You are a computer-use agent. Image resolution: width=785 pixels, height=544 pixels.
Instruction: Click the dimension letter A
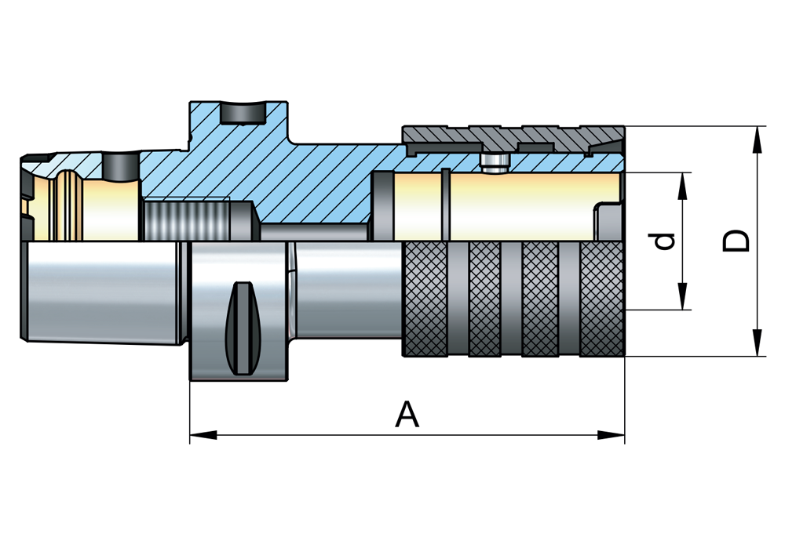tap(407, 414)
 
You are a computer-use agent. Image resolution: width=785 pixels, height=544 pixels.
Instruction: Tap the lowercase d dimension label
tap(665, 241)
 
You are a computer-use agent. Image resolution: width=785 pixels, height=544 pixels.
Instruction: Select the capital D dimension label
tap(736, 241)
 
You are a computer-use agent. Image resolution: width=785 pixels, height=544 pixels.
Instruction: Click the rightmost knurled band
tap(602, 298)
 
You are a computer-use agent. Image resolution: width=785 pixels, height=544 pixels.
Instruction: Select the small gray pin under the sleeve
tap(494, 161)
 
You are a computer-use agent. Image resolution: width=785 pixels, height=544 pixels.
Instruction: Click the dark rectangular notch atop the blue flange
tap(241, 114)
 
